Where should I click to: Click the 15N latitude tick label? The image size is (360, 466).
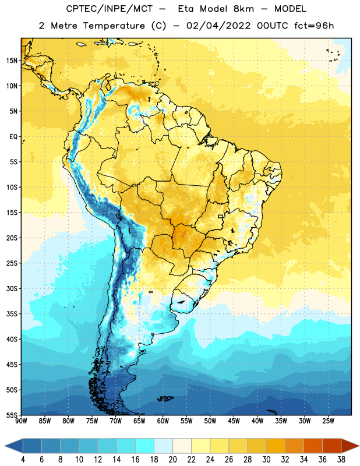point(12,61)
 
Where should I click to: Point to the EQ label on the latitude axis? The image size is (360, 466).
point(13,137)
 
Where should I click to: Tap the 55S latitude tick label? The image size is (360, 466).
point(12,415)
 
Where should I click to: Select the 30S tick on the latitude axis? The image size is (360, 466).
point(12,288)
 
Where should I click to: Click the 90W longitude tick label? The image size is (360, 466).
point(21,421)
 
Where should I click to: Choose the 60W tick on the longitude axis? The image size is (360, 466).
point(163,421)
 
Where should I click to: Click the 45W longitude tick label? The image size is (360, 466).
point(234,421)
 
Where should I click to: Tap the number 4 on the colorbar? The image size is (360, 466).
point(23,460)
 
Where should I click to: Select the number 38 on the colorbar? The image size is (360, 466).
point(341,460)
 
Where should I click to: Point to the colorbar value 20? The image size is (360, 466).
point(172,460)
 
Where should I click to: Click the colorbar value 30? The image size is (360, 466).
point(266,460)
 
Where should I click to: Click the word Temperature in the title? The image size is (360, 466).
point(114,26)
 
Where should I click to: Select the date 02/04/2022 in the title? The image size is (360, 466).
point(218,26)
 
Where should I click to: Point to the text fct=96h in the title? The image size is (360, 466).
point(314,26)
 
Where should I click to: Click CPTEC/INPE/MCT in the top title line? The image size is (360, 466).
point(109,9)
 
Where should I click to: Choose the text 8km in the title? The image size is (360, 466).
point(243,9)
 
